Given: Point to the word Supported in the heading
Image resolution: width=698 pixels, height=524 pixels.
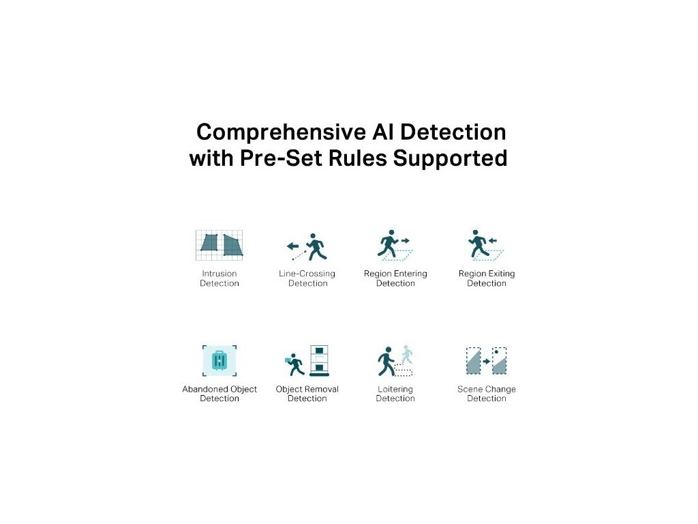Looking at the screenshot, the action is click(x=450, y=159).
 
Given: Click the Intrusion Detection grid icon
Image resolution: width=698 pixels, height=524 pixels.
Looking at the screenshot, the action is click(x=219, y=244).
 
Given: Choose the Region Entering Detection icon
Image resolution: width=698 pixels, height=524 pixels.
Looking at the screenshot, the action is click(x=395, y=246).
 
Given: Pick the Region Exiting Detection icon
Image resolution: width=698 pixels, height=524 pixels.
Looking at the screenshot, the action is click(x=486, y=246).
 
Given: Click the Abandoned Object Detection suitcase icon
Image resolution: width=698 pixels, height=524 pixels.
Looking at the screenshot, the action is click(x=219, y=360).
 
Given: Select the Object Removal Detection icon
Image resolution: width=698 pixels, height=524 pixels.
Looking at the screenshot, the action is click(x=307, y=361).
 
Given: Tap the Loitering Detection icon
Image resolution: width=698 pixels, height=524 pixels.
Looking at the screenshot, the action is click(x=395, y=361).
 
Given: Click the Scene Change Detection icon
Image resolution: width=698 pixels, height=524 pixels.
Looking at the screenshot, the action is click(x=486, y=361).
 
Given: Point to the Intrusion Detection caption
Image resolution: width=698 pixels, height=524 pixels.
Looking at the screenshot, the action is click(x=219, y=278).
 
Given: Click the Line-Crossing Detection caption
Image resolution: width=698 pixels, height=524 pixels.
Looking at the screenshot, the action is click(x=307, y=278).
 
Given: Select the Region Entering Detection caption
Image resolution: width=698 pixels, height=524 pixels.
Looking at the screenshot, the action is click(x=395, y=278).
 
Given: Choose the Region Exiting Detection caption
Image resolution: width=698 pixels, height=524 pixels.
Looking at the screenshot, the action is click(x=487, y=278).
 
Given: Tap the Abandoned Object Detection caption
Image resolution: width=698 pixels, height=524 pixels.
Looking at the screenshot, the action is click(x=219, y=394).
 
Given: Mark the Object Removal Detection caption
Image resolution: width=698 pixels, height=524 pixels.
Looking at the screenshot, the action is click(x=307, y=394).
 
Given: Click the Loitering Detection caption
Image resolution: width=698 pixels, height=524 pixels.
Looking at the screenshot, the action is click(x=395, y=394).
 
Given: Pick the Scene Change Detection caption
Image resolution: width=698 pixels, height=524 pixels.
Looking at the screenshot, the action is click(x=487, y=394).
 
